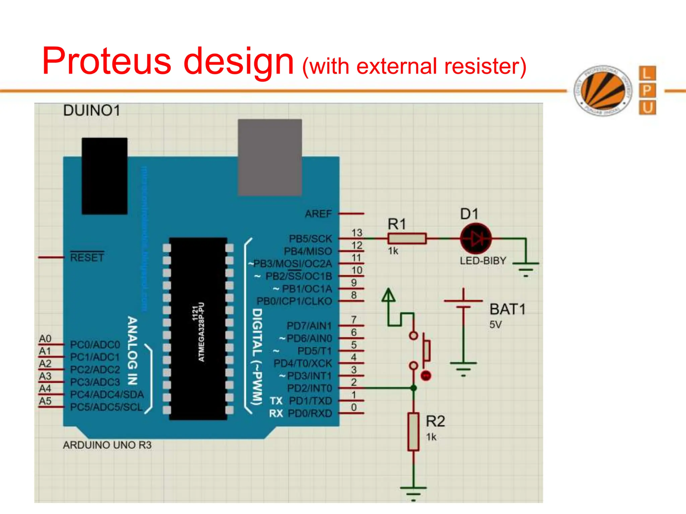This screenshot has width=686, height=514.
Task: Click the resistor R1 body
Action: click(x=407, y=238)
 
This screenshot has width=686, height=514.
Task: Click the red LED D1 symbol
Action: click(x=476, y=239)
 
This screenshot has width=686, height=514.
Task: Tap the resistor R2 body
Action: click(x=413, y=432)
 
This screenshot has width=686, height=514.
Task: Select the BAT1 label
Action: click(x=507, y=309)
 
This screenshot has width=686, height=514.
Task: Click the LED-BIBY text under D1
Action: click(x=483, y=261)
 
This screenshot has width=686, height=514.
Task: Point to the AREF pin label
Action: click(x=318, y=213)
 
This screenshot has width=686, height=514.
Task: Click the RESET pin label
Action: click(x=87, y=257)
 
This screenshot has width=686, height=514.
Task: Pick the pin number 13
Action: click(x=357, y=233)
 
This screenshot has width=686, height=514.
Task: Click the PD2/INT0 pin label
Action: click(x=310, y=388)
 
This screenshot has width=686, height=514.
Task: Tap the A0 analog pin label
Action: click(x=45, y=339)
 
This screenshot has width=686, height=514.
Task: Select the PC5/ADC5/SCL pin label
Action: click(x=107, y=407)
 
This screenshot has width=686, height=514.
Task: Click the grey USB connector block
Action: click(x=270, y=157)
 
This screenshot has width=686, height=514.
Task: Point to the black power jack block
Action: click(x=105, y=176)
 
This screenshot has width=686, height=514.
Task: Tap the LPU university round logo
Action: click(x=603, y=90)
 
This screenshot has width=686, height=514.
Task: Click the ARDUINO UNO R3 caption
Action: click(x=107, y=445)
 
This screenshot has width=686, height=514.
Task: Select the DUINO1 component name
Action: click(x=92, y=110)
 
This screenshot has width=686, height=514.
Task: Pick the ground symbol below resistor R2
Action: click(x=413, y=492)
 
